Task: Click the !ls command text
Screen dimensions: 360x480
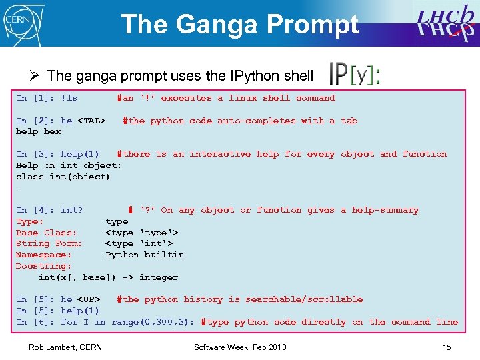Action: pyautogui.click(x=69, y=98)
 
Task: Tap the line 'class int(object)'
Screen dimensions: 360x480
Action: pyautogui.click(x=63, y=177)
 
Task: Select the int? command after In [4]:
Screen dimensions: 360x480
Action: pyautogui.click(x=72, y=210)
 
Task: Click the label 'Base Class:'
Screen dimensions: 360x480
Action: pyautogui.click(x=47, y=233)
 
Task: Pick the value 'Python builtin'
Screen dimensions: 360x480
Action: pyautogui.click(x=145, y=255)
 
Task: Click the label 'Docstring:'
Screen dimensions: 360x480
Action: pyautogui.click(x=44, y=266)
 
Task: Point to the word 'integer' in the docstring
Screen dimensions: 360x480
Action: pyautogui.click(x=159, y=277)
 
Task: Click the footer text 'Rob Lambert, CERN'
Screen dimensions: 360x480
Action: pyautogui.click(x=65, y=347)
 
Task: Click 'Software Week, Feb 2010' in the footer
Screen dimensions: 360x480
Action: pyautogui.click(x=240, y=347)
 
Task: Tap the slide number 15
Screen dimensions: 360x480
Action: pyautogui.click(x=446, y=347)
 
